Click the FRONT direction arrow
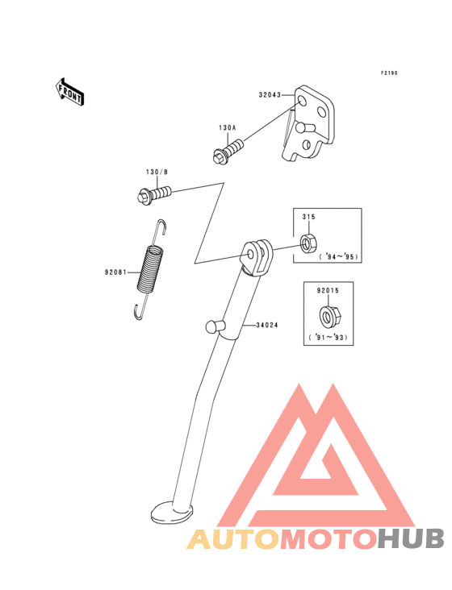(x=69, y=91)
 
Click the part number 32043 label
(x=270, y=95)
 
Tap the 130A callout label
(x=227, y=128)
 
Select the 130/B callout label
(x=157, y=172)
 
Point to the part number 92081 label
(x=115, y=272)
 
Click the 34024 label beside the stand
(x=267, y=325)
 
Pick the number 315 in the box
(x=308, y=217)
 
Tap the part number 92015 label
(x=328, y=290)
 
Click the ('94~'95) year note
(x=339, y=257)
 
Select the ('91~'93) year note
(x=328, y=338)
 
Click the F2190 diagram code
(x=389, y=73)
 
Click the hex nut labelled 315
(x=308, y=243)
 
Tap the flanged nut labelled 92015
(x=329, y=317)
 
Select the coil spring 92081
(x=151, y=269)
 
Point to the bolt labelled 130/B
(x=154, y=194)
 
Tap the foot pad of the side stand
(x=172, y=513)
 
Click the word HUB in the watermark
(x=412, y=539)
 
